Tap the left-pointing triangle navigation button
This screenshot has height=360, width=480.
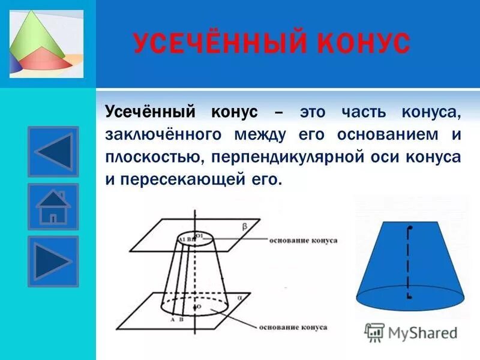tap(53, 151)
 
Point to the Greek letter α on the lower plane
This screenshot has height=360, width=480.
tap(239, 297)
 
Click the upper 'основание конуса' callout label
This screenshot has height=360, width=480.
tap(304, 241)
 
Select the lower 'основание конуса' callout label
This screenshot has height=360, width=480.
tap(293, 328)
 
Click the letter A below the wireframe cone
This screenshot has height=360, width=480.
tap(172, 320)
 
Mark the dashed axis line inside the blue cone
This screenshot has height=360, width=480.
tap(409, 264)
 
